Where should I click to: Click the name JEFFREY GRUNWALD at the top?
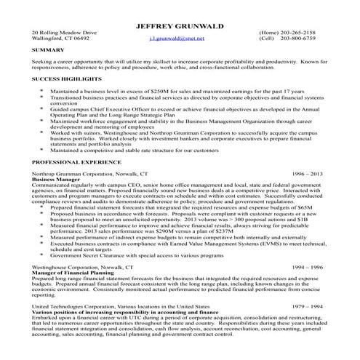pos(180,27)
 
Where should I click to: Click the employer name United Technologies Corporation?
pos(76,307)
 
